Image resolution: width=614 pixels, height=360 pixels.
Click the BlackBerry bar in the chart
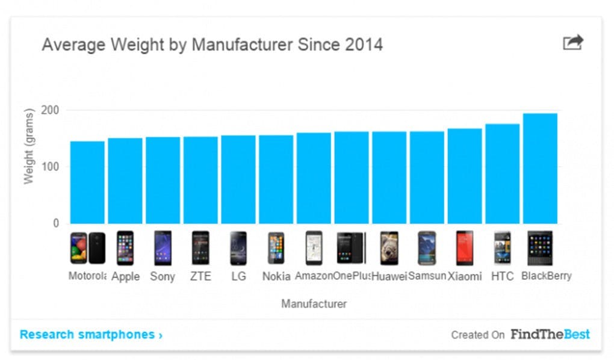pyautogui.click(x=540, y=169)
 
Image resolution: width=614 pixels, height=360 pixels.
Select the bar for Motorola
pyautogui.click(x=87, y=182)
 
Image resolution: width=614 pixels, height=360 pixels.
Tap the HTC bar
pyautogui.click(x=503, y=174)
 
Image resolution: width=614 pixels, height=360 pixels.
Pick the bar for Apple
pyautogui.click(x=125, y=181)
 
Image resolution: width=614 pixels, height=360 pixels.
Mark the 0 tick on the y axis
pyautogui.click(x=56, y=223)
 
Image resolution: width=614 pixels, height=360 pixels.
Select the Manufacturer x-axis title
pyautogui.click(x=314, y=304)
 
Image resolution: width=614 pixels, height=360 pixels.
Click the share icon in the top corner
pyautogui.click(x=572, y=43)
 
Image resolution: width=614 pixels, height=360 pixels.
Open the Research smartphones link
pyautogui.click(x=91, y=335)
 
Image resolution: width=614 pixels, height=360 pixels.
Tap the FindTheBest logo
pyautogui.click(x=550, y=334)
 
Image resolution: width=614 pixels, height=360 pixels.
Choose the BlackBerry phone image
pyautogui.click(x=540, y=248)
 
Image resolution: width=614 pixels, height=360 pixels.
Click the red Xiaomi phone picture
pyautogui.click(x=465, y=248)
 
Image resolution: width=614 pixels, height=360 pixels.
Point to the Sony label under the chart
pyautogui.click(x=163, y=277)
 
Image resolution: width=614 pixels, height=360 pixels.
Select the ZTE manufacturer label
pyautogui.click(x=200, y=277)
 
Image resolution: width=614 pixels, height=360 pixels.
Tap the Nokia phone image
pyautogui.click(x=276, y=248)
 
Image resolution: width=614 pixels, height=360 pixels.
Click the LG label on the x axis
pyautogui.click(x=238, y=277)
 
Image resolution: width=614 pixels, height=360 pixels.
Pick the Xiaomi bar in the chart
pyautogui.click(x=465, y=176)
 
